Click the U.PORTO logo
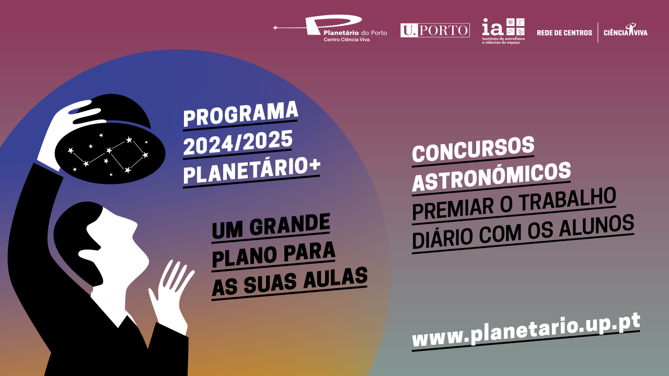coord(435,30)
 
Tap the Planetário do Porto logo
coord(330,28)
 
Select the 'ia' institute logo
coord(503,31)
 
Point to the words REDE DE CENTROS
coord(564,33)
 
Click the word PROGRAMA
coord(241,114)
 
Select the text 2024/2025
coord(238,143)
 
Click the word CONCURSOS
coord(473,149)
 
